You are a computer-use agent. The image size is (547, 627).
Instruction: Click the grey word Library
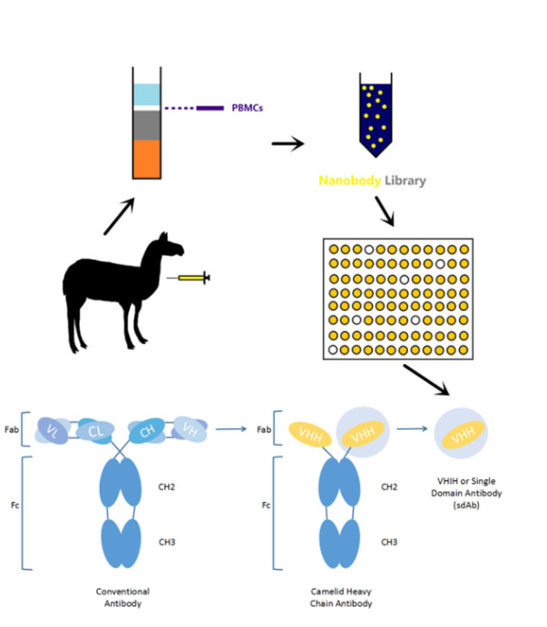(405, 181)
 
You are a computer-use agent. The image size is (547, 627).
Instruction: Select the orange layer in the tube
(145, 158)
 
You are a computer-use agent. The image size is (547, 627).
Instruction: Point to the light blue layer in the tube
(145, 94)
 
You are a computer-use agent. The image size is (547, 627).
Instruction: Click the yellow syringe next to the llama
(191, 278)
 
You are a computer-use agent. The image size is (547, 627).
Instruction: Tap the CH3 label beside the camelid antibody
(389, 542)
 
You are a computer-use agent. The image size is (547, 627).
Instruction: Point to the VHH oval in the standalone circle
(462, 438)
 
